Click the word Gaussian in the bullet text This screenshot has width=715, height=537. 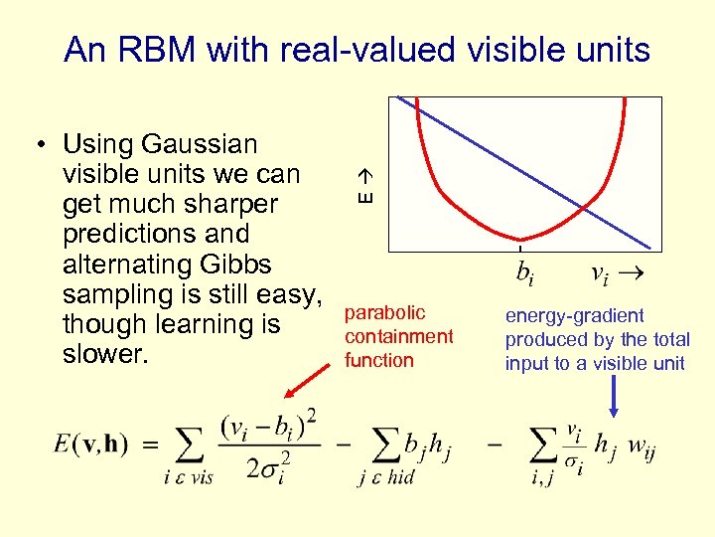pyautogui.click(x=200, y=144)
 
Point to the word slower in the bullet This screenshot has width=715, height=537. pyautogui.click(x=102, y=355)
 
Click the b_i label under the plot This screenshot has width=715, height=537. pyautogui.click(x=525, y=272)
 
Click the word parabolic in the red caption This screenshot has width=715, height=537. pyautogui.click(x=384, y=313)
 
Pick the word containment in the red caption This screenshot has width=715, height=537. pyautogui.click(x=398, y=337)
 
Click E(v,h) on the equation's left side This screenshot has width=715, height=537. pyautogui.click(x=91, y=445)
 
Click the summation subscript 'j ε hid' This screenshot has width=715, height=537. pyautogui.click(x=386, y=478)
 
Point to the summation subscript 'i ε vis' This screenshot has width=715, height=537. pyautogui.click(x=188, y=478)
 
